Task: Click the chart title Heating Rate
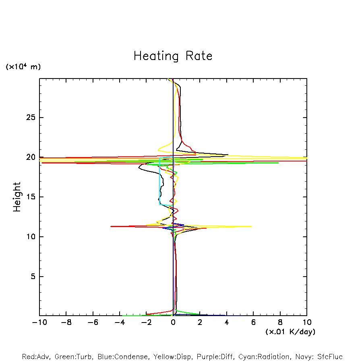click(x=173, y=56)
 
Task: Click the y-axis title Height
click(x=17, y=197)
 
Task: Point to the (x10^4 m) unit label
click(x=23, y=67)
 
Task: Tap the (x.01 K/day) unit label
click(x=290, y=331)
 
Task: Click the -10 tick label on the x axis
click(x=39, y=323)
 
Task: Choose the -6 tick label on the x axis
click(x=93, y=323)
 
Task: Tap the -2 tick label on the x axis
click(x=146, y=323)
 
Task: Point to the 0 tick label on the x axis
click(x=173, y=323)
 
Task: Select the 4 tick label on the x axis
click(x=227, y=323)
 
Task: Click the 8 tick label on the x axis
click(x=280, y=323)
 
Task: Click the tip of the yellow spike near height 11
click(x=252, y=226)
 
